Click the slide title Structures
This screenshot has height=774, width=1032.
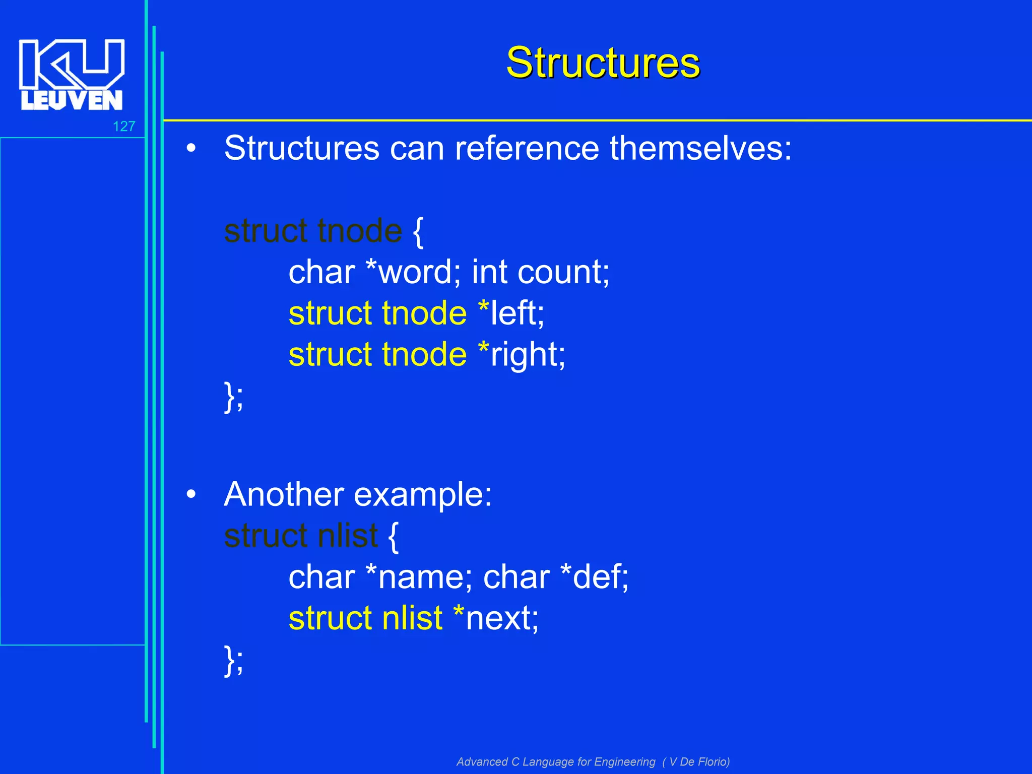pos(603,63)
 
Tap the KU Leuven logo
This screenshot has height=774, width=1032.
pos(72,75)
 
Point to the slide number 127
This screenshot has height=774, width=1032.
pos(124,126)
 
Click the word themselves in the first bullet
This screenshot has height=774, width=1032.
pos(700,148)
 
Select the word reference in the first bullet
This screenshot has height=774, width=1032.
pos(527,148)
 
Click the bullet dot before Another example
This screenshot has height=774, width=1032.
pos(191,495)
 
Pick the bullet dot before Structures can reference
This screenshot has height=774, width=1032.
pos(191,149)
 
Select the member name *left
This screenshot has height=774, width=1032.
pos(511,313)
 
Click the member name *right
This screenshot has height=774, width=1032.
pos(521,355)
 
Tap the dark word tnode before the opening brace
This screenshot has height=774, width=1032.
pos(360,231)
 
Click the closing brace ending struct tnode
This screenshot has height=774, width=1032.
pos(230,397)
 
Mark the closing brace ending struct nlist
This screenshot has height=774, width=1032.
pos(230,660)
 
